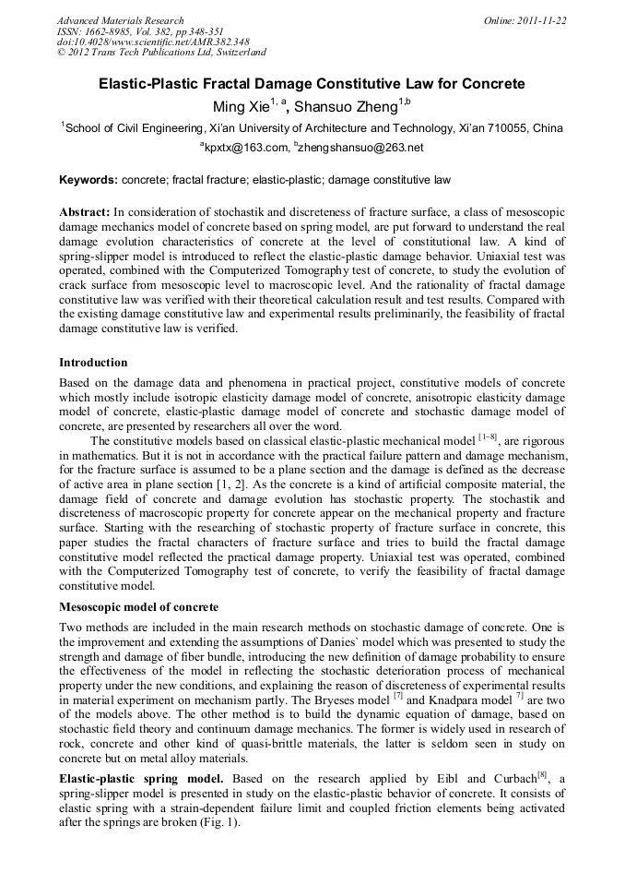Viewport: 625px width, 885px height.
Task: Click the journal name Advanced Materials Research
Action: pyautogui.click(x=120, y=20)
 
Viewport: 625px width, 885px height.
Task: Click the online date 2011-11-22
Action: pyautogui.click(x=545, y=20)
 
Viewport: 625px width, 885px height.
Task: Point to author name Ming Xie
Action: pyautogui.click(x=242, y=106)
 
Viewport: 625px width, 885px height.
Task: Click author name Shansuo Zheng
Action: pyautogui.click(x=346, y=106)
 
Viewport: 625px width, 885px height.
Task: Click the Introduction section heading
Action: pyautogui.click(x=93, y=363)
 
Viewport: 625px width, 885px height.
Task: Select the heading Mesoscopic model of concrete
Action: pyautogui.click(x=139, y=607)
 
